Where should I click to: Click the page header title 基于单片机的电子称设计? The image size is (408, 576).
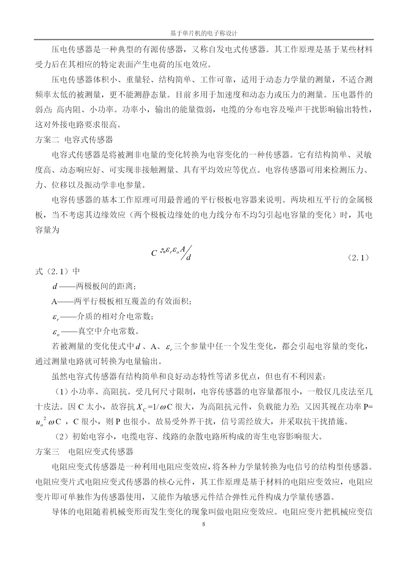[x=204, y=33]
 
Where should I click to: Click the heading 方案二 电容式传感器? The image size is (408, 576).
[x=74, y=140]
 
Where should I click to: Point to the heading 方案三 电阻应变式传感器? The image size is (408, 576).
[x=84, y=452]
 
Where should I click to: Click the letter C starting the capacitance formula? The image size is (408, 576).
[x=154, y=253]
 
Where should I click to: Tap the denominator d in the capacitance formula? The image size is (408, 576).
[x=188, y=257]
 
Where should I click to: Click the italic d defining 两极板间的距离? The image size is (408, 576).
[x=55, y=286]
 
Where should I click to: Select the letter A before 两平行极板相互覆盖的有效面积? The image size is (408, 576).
[x=54, y=301]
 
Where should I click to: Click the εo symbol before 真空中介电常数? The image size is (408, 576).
[x=56, y=332]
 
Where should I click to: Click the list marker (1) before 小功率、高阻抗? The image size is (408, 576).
[x=61, y=392]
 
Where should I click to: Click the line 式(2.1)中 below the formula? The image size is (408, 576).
[x=57, y=271]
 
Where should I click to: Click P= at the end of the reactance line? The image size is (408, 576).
[x=367, y=407]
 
